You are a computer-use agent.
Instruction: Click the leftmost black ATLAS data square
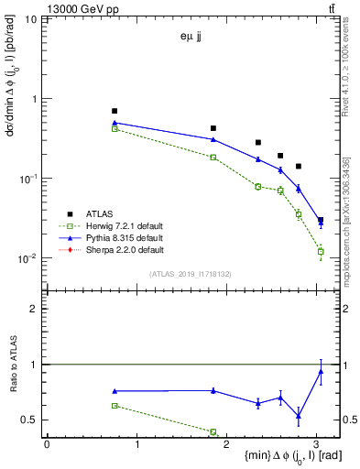(115, 111)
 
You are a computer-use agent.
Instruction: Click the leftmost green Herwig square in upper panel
(115, 129)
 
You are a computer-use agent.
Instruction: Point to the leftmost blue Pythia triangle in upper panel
(115, 122)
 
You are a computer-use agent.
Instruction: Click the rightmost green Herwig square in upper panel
(321, 251)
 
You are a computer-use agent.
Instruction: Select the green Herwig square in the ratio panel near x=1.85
(213, 431)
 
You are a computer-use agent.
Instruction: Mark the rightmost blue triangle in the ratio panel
(321, 370)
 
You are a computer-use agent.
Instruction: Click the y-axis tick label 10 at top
(31, 19)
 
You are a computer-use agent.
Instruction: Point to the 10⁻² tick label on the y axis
(28, 258)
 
